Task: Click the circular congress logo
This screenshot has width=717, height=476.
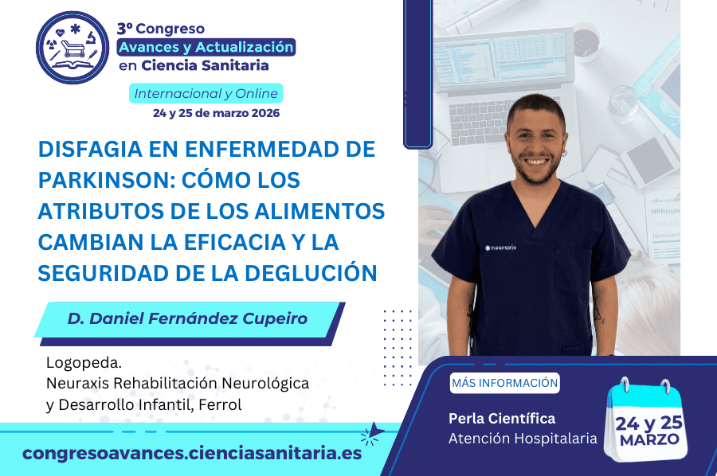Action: click(x=72, y=48)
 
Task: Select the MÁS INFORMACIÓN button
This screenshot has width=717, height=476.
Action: click(x=504, y=383)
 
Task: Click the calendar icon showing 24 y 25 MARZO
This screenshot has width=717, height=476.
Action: click(x=647, y=421)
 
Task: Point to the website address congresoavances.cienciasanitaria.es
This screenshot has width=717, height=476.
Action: click(x=192, y=453)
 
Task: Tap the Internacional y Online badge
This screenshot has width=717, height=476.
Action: click(x=206, y=94)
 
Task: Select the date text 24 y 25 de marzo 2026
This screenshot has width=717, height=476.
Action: click(x=216, y=113)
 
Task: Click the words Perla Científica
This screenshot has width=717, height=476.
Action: click(x=502, y=418)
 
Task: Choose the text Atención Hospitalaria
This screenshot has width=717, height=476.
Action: click(x=523, y=439)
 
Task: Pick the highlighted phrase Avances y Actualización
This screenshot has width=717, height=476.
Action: click(x=206, y=47)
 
